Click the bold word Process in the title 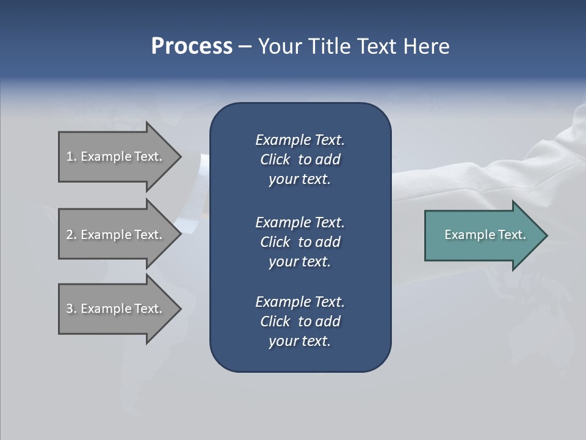192,46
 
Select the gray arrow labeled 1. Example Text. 116,156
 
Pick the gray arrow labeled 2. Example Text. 116,235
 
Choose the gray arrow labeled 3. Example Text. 116,309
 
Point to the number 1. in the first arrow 71,156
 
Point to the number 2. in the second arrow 71,235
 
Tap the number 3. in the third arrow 71,309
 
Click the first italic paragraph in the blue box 300,159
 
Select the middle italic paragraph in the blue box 300,242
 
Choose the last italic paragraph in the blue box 300,321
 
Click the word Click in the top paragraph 275,160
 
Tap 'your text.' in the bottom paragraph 300,342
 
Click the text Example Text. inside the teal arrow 485,235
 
